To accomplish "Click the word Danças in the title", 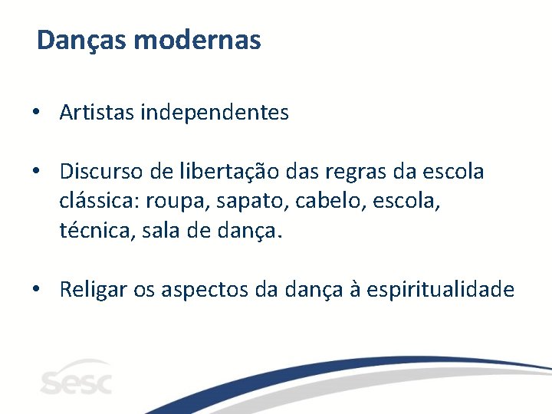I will pos(82,40).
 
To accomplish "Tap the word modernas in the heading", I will pos(197,40).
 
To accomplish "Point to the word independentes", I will pos(214,113).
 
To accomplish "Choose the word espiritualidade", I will pos(440,290).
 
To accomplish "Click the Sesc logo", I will pos(77,378).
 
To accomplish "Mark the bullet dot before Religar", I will pos(37,290).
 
